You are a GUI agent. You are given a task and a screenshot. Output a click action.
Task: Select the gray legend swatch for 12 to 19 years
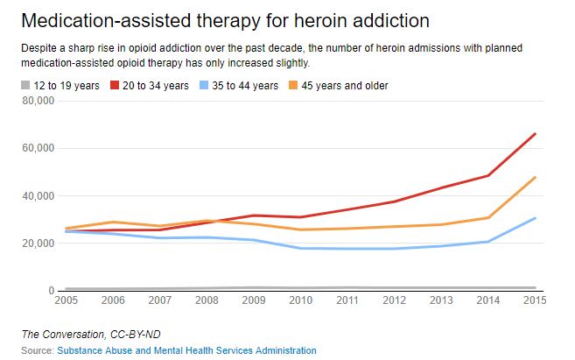coord(24,86)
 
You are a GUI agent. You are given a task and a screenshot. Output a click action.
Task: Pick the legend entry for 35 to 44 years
coord(242,86)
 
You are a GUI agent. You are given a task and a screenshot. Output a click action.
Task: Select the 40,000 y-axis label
coord(38,195)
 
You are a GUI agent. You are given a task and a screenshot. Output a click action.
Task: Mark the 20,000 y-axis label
coord(38,244)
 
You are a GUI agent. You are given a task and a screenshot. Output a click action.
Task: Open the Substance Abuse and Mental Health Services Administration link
coord(186,350)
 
